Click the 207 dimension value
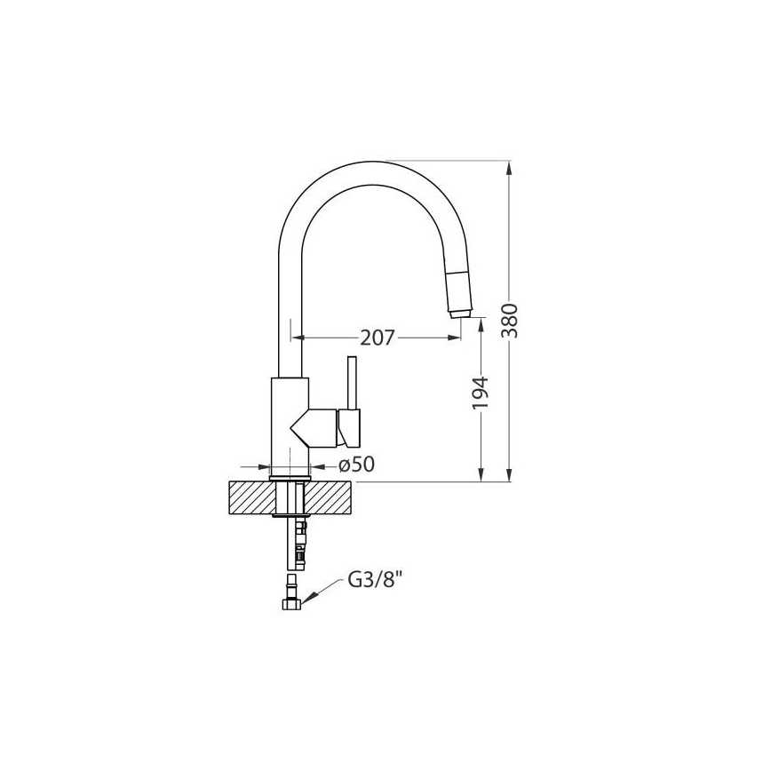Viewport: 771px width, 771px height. (378, 338)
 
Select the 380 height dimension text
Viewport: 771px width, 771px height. (510, 321)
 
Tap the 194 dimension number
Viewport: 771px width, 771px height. (480, 393)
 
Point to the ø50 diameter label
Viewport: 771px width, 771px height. (356, 465)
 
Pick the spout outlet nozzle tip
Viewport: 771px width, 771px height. (460, 314)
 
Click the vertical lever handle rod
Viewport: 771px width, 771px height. (352, 383)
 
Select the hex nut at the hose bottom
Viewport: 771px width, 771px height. (291, 604)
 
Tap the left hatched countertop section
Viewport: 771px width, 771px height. (253, 498)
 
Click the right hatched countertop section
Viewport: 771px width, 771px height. (330, 498)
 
